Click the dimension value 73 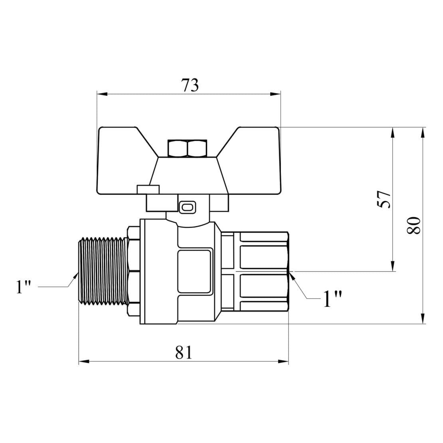point(190,85)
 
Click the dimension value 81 point(184,352)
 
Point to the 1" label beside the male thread point(24,287)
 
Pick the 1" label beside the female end point(332,299)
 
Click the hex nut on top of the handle point(188,148)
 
